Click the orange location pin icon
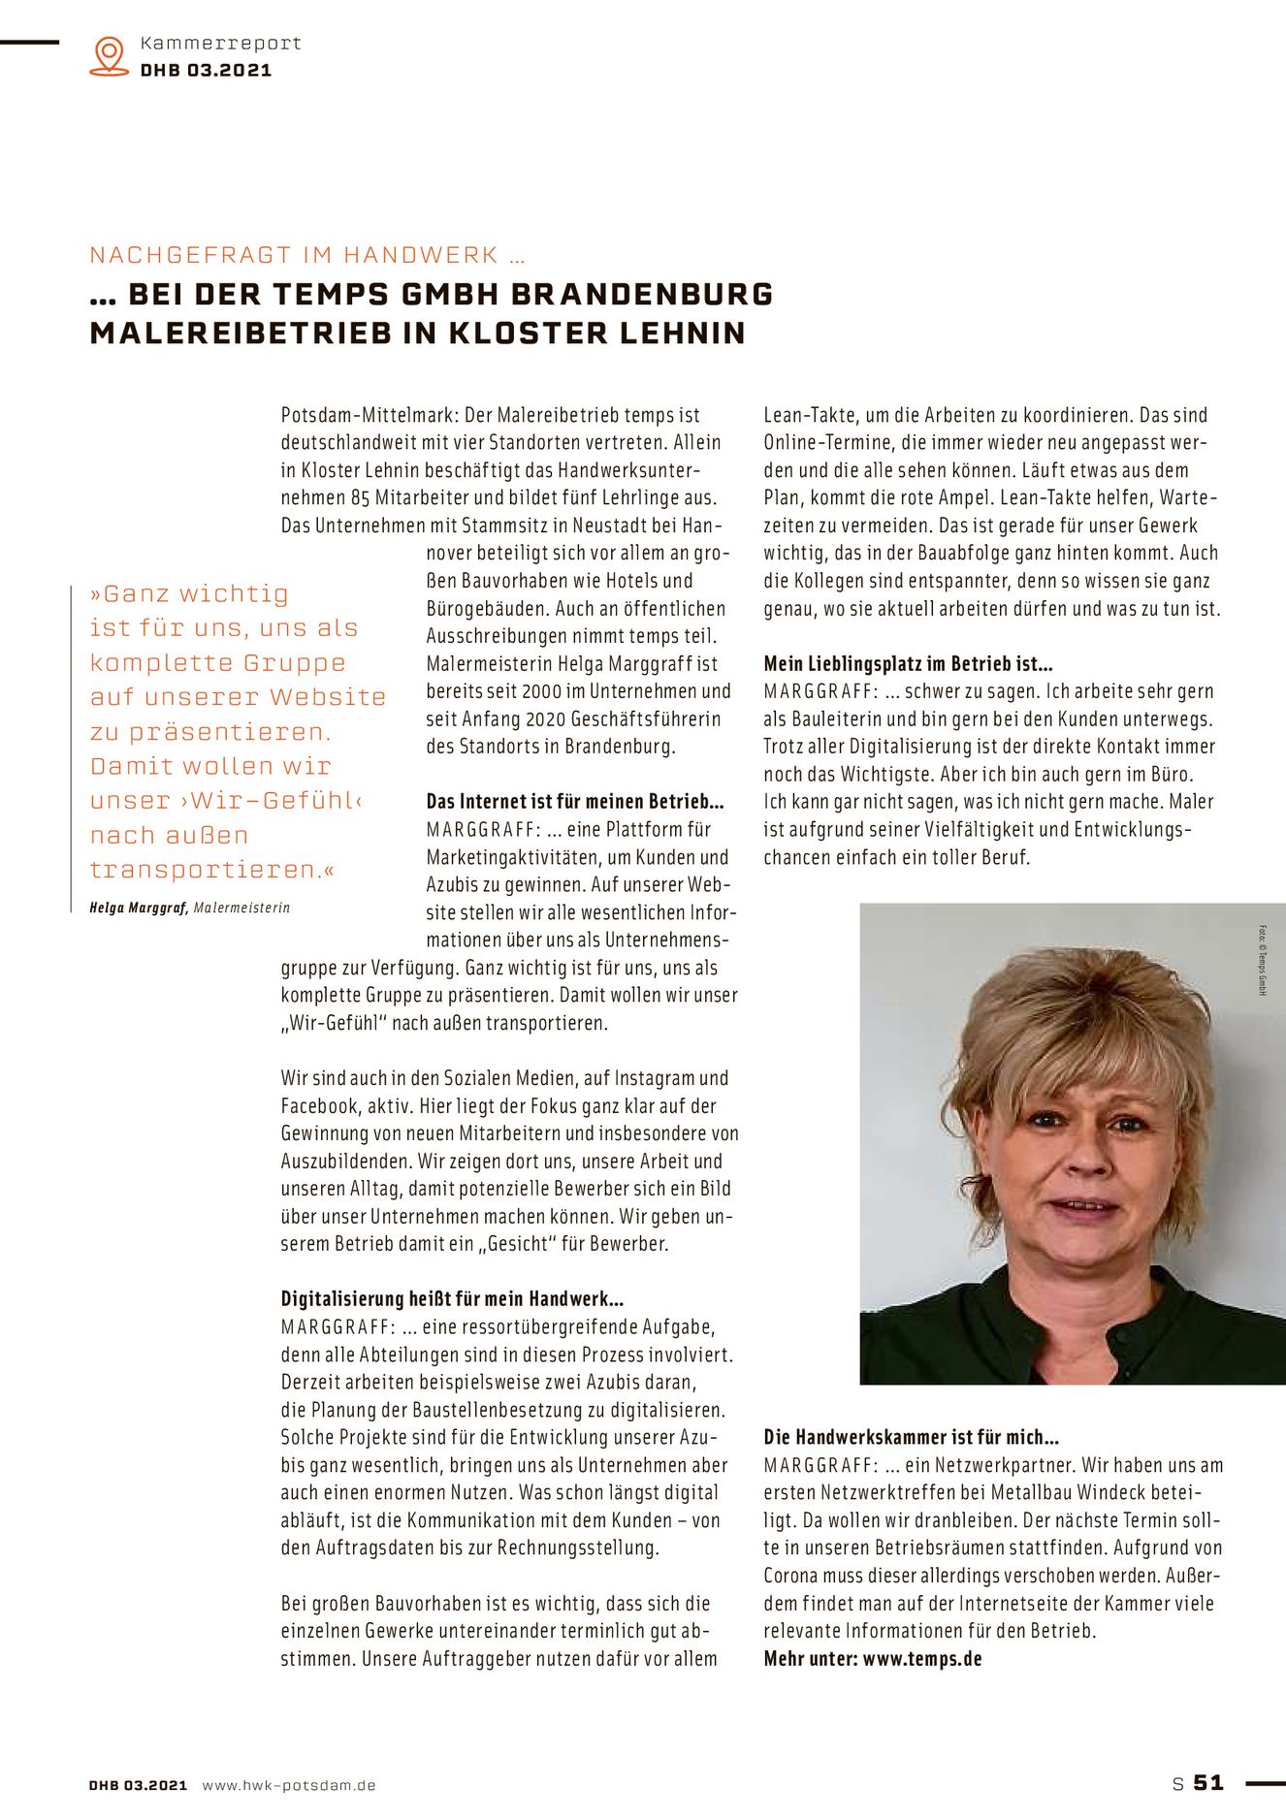(109, 56)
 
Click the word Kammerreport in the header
(221, 43)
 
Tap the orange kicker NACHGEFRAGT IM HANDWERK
(307, 255)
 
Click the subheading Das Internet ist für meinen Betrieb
(575, 802)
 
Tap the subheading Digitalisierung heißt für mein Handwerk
(452, 1299)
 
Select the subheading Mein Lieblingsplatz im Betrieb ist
(908, 664)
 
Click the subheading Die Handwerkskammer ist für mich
(911, 1437)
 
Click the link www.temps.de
(921, 1659)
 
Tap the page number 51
(1208, 1782)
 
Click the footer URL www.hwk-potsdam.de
(289, 1785)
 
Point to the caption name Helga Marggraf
(139, 909)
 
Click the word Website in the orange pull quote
(328, 697)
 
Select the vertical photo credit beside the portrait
(1263, 960)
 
